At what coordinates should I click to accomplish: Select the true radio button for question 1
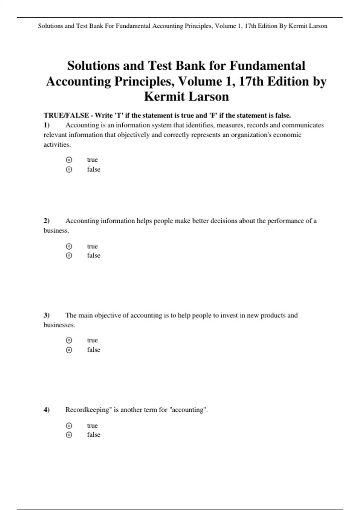point(69,160)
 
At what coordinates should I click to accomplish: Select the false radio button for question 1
point(69,169)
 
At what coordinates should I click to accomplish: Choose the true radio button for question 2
point(69,246)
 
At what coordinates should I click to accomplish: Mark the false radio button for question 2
point(69,256)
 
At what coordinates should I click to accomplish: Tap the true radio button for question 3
point(69,340)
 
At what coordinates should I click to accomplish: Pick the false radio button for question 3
point(69,350)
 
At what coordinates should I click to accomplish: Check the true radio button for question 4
point(69,425)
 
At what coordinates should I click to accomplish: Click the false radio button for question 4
point(69,435)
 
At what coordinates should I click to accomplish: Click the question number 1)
point(46,125)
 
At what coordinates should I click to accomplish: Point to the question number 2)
point(46,221)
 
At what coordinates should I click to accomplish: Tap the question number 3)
point(46,315)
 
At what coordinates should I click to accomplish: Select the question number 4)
point(46,410)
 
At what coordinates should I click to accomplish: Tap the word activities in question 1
point(57,145)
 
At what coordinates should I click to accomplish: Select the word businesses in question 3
point(59,325)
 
